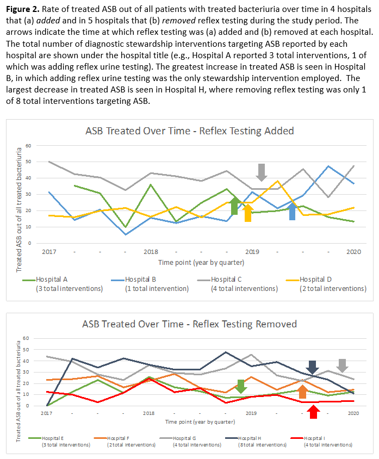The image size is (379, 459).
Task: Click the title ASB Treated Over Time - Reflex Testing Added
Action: [x=190, y=131]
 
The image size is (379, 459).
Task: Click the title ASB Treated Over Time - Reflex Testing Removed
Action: [x=190, y=324]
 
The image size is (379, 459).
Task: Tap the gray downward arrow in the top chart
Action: [x=262, y=172]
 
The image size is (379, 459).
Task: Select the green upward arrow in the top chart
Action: [x=234, y=206]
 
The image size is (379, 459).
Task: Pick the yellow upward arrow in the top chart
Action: [x=248, y=212]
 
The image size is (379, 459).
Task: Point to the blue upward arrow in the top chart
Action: [x=292, y=211]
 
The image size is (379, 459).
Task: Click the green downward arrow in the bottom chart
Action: [x=241, y=386]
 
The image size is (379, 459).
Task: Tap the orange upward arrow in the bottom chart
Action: [x=303, y=390]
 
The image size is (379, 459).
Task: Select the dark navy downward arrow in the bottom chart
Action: [x=313, y=368]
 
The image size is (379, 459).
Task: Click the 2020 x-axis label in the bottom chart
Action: [x=353, y=413]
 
